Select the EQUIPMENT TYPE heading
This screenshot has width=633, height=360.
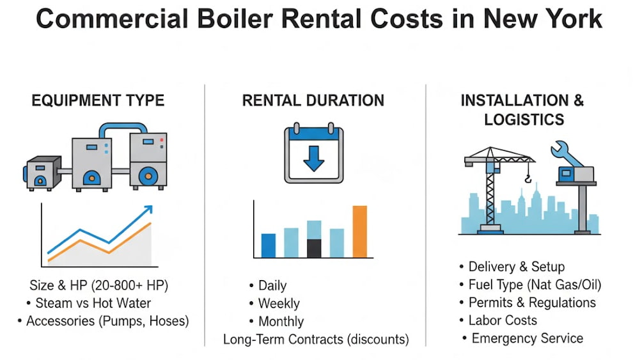point(98,100)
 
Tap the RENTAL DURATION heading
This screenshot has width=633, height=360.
point(313,100)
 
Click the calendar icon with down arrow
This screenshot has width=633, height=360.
point(313,153)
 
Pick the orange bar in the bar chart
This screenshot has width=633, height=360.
point(360,231)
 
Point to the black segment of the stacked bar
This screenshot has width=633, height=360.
point(314,248)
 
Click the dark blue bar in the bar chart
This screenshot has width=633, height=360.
point(269,246)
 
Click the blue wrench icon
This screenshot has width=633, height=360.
point(565,153)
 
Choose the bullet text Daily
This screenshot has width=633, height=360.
point(272,286)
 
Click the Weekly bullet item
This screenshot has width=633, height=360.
point(279,304)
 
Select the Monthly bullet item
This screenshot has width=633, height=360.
point(281,322)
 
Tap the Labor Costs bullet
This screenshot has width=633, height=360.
point(503,320)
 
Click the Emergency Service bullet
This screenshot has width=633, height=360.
point(527,338)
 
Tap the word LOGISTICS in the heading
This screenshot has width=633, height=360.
point(524,120)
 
